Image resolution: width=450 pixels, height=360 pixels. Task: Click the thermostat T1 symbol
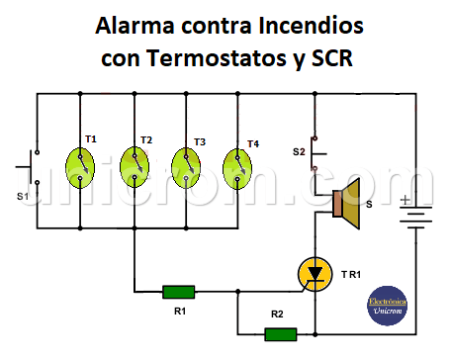79,164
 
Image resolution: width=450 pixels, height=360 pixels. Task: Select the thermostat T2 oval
133,164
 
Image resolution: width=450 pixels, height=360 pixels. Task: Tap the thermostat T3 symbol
185,164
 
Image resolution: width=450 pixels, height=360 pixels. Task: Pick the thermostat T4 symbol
236,164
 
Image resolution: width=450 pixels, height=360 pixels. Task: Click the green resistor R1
179,291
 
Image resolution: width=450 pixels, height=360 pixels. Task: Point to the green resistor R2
281,334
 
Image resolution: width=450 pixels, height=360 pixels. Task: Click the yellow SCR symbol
315,272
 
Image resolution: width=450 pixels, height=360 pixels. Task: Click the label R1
179,312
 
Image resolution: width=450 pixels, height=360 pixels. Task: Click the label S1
22,197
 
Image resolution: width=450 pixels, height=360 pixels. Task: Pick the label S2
298,151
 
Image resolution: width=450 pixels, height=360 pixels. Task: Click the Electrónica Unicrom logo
387,304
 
